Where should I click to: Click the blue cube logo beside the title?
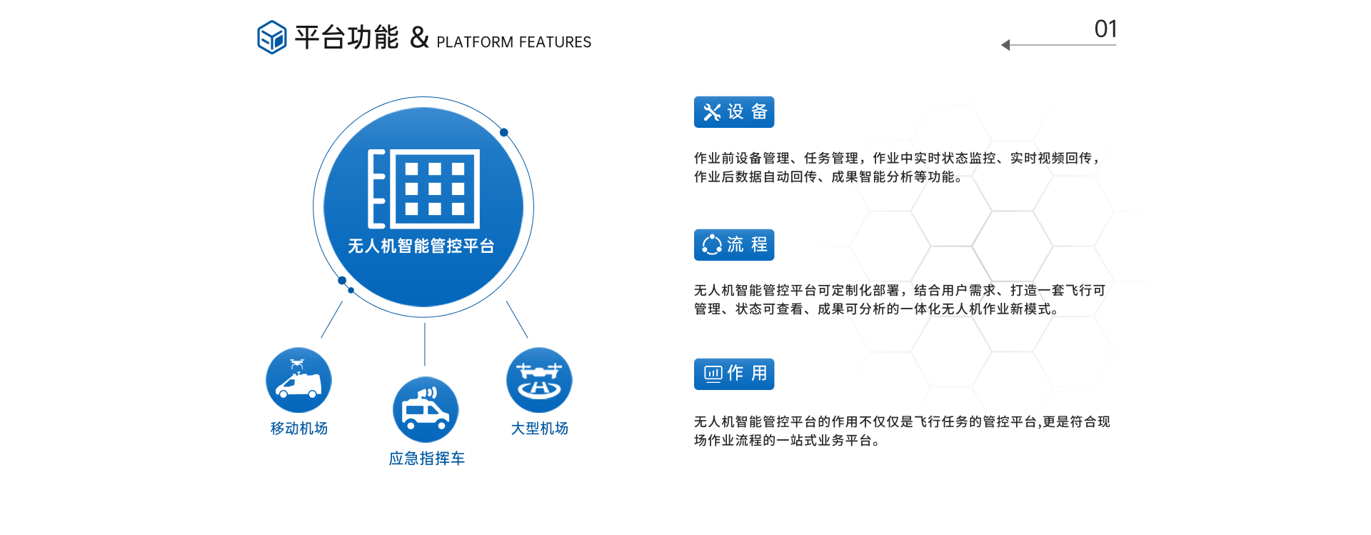pos(271,37)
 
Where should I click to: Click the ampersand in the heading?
pos(419,37)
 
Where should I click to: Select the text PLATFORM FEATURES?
pos(513,42)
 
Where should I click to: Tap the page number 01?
pos(1105,29)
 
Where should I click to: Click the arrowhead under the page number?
pos(1005,45)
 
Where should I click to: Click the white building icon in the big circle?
pos(423,189)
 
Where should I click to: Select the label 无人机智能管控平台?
pos(421,246)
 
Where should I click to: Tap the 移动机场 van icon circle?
pos(298,380)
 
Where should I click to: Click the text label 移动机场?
pos(298,429)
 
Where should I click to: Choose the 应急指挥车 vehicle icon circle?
pos(426,410)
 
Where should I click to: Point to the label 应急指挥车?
pos(426,459)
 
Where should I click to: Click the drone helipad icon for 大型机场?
pos(539,380)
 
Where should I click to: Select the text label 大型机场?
pos(539,429)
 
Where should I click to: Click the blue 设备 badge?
pos(734,112)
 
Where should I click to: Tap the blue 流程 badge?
pos(734,245)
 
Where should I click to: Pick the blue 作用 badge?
pos(734,374)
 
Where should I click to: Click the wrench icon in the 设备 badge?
pos(712,112)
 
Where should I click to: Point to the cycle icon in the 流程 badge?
pos(712,245)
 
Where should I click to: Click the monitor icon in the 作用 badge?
pos(713,374)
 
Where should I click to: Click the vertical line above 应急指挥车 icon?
pos(425,344)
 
